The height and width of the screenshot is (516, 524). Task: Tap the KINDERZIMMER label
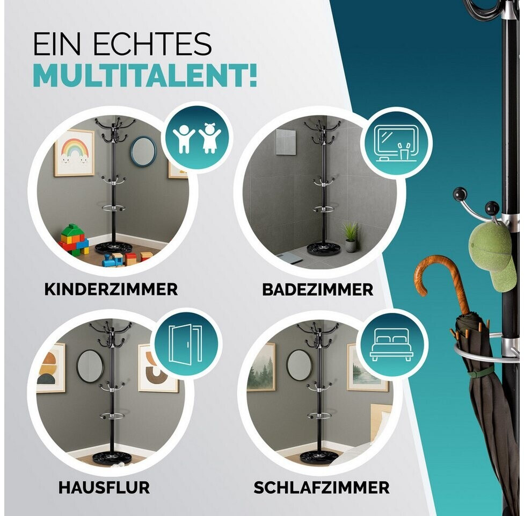point(111,289)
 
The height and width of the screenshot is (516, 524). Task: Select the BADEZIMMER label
point(317,290)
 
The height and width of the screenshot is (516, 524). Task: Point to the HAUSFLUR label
point(104,487)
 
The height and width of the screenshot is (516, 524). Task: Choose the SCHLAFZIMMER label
point(322,487)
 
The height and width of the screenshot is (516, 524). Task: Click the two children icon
point(197,138)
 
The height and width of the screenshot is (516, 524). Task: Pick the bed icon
point(391,345)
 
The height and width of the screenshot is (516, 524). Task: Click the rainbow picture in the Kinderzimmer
point(74,153)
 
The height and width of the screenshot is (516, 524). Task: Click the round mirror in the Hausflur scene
point(90,366)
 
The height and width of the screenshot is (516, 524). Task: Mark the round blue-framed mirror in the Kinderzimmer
point(143,151)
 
